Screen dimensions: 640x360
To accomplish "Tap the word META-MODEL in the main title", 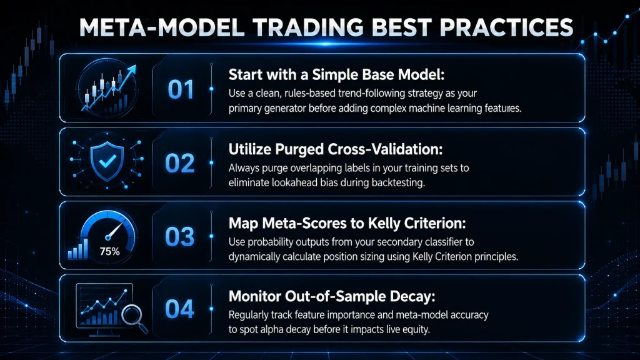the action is click(x=161, y=27).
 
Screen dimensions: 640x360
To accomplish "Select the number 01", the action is click(x=181, y=89).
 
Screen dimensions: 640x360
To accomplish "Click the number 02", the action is click(x=179, y=163).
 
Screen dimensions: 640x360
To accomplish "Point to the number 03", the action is click(x=179, y=236).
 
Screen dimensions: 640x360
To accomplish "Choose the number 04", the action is click(x=179, y=309).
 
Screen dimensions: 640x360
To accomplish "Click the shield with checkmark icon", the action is click(x=107, y=161).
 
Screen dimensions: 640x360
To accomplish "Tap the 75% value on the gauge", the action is click(x=110, y=251).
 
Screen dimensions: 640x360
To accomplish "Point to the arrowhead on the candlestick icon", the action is click(x=131, y=71).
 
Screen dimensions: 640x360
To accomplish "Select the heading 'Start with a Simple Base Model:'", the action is click(x=336, y=75).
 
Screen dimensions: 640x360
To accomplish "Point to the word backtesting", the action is click(x=398, y=183).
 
